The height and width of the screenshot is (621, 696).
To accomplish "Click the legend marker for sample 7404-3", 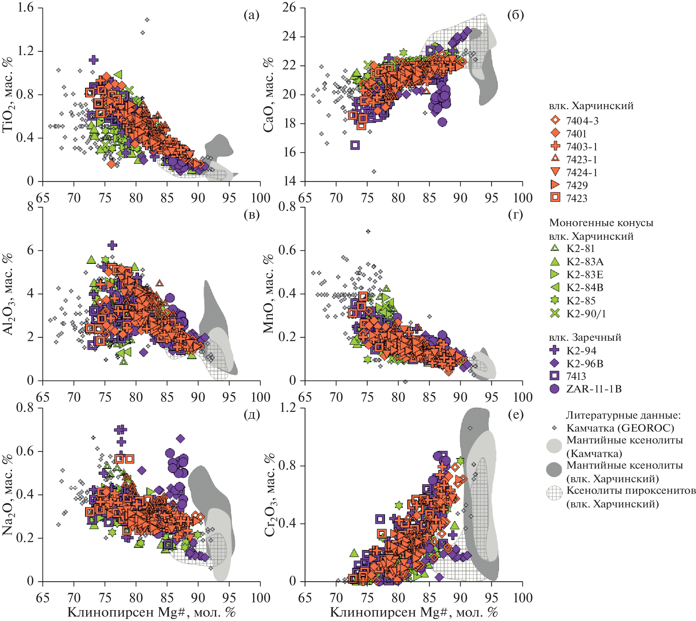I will (x=556, y=120).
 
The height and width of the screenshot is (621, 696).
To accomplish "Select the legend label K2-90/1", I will (x=586, y=314).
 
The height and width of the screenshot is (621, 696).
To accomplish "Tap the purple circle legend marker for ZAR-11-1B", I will (x=555, y=389).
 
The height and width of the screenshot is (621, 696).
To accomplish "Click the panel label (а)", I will (x=252, y=15).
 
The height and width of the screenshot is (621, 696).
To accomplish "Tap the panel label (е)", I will (x=515, y=414).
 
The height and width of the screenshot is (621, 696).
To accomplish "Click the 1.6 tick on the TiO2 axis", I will (x=26, y=7).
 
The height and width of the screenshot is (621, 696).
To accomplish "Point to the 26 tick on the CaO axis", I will (x=289, y=7).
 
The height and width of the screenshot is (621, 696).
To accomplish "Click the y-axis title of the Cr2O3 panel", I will (x=269, y=495).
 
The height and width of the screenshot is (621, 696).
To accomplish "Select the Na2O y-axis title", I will (x=7, y=495).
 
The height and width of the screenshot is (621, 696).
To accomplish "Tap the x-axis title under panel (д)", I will (x=151, y=612).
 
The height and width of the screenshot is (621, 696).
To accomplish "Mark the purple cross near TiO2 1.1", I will (x=94, y=60).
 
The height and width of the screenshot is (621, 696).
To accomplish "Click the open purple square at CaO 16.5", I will (x=355, y=145).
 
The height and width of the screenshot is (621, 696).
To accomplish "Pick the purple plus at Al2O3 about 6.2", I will (x=112, y=245).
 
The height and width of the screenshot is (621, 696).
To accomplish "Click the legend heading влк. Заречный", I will (x=585, y=337).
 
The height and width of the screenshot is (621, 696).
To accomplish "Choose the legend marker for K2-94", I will (x=555, y=350).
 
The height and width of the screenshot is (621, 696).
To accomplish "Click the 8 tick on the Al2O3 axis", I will (x=30, y=207).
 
